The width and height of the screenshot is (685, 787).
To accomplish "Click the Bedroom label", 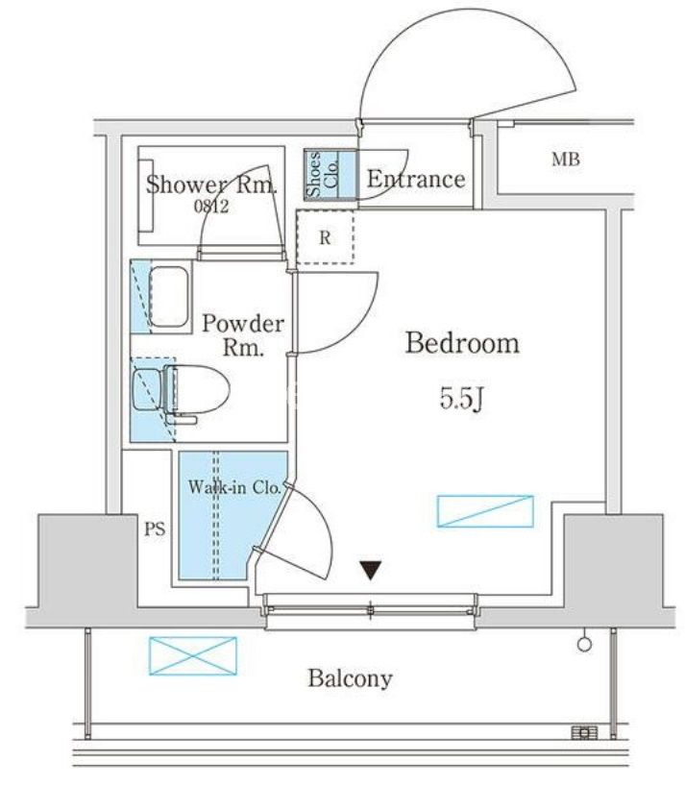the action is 462,343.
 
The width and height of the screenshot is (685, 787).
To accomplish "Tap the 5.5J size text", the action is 461,400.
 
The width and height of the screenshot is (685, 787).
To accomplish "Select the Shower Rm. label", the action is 211,184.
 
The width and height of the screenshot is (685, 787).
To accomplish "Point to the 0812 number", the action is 211,206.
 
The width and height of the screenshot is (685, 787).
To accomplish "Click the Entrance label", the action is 416,179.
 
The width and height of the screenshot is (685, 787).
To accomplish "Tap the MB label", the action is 566,160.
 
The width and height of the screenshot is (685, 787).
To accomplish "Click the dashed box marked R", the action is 325,237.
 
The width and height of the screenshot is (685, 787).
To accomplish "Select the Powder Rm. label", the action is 243,334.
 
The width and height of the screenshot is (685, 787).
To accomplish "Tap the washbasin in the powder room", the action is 169,297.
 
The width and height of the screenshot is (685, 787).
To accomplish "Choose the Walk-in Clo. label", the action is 234,486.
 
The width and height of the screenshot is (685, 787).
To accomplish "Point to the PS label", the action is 155,529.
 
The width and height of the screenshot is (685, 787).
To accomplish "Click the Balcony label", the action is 350,678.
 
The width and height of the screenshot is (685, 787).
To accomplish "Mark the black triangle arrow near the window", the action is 371,570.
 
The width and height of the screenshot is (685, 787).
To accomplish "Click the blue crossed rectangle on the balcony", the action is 193,655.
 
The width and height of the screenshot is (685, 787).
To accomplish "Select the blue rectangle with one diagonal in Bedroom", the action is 485,511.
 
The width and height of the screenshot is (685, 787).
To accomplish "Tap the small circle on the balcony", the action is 584,644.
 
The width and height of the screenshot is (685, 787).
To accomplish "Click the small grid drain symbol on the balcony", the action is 585,733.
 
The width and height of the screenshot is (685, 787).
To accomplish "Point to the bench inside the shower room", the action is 145,195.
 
